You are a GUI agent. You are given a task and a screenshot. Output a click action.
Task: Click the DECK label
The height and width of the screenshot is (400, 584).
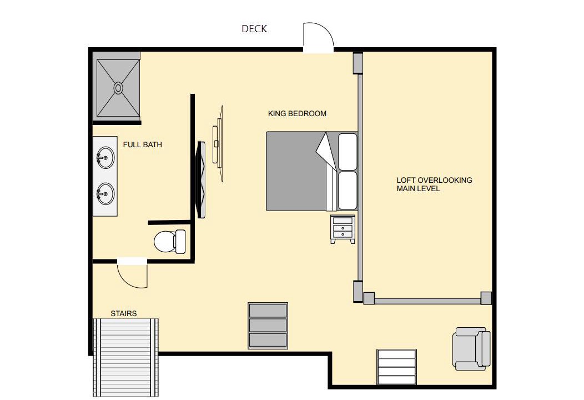click(x=254, y=29)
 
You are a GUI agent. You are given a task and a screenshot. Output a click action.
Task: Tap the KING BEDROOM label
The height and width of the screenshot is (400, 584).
click(x=297, y=114)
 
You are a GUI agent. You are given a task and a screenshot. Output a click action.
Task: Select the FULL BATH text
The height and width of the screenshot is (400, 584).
click(x=143, y=144)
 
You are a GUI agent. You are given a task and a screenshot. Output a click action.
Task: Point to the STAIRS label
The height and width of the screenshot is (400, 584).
click(x=124, y=313)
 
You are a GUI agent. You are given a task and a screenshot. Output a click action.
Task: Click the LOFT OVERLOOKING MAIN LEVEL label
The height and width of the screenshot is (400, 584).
click(x=434, y=184)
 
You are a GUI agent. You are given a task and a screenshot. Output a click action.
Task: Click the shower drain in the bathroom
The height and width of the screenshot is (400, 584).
click(x=118, y=88)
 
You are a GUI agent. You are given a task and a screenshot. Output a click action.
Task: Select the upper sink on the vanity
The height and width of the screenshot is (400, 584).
click(x=105, y=158)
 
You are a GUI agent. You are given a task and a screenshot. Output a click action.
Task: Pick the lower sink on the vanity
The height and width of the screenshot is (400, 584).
click(x=105, y=193)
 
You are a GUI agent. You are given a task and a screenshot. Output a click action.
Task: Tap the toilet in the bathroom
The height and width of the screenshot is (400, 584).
click(x=170, y=241)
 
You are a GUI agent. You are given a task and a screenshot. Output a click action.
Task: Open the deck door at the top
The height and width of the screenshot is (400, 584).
click(x=319, y=37)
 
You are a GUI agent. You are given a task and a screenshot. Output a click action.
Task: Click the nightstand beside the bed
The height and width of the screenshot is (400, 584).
click(x=343, y=229)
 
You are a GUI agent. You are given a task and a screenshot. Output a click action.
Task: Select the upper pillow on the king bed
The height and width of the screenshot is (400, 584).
click(x=347, y=151)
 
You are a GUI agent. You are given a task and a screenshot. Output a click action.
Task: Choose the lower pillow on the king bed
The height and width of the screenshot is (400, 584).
click(x=347, y=191)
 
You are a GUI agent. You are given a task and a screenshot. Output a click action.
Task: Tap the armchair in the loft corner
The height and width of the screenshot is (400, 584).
click(x=471, y=348)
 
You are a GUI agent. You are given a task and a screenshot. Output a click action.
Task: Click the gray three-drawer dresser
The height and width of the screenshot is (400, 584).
click(x=268, y=326)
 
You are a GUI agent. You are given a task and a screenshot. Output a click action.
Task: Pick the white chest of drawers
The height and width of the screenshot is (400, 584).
click(x=396, y=367)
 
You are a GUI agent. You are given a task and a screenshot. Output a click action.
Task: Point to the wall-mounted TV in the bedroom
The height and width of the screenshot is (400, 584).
click(x=202, y=179)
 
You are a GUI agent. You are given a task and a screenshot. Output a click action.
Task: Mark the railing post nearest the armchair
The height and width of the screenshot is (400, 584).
click(x=486, y=298)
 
